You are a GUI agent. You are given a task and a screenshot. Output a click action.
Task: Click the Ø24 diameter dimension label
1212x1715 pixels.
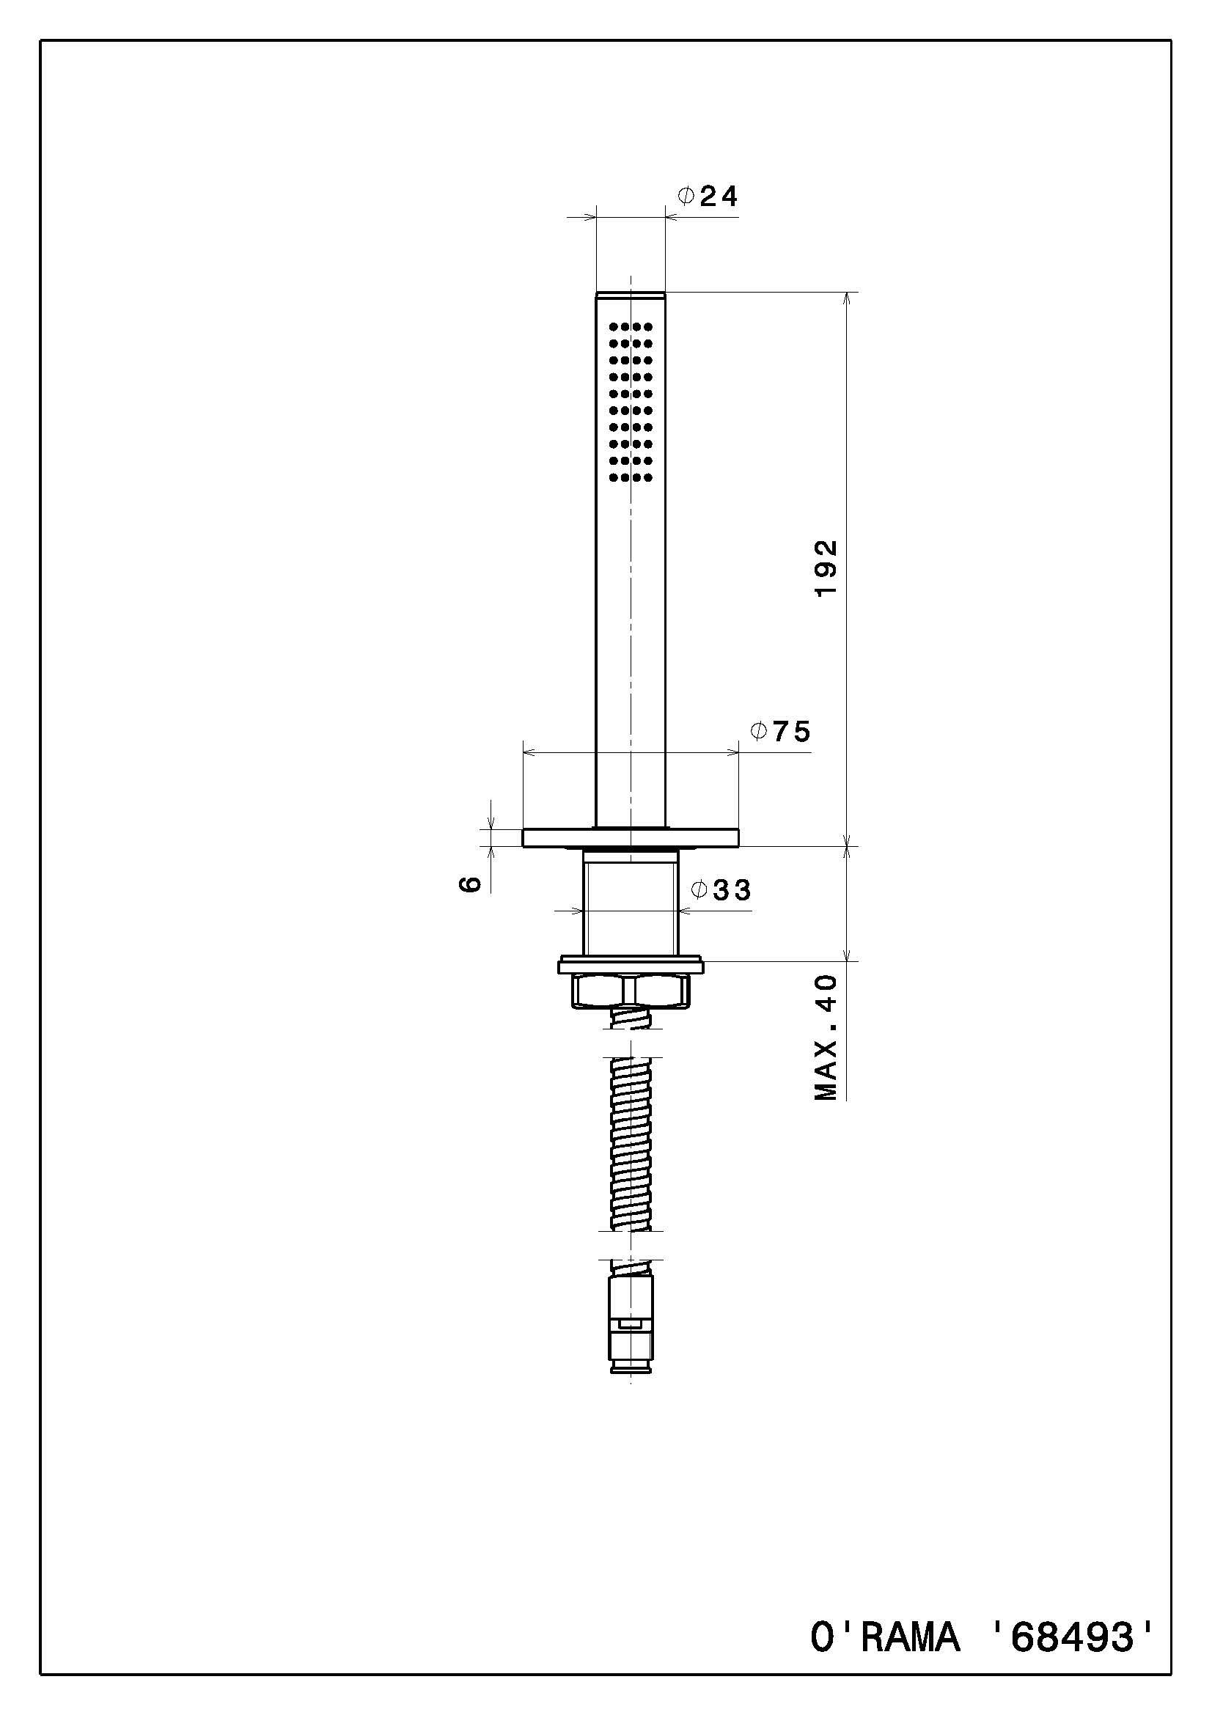click(x=708, y=197)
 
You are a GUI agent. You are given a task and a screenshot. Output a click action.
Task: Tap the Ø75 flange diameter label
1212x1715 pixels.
click(x=780, y=731)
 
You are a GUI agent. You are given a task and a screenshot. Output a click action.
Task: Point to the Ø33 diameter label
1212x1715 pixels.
click(x=721, y=889)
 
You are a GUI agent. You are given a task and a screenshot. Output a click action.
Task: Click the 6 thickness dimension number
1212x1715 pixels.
click(x=470, y=884)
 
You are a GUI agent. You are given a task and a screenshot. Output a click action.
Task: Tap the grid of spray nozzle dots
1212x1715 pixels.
click(x=631, y=402)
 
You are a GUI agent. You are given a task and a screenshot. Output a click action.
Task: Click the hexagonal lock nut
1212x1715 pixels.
click(x=631, y=991)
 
